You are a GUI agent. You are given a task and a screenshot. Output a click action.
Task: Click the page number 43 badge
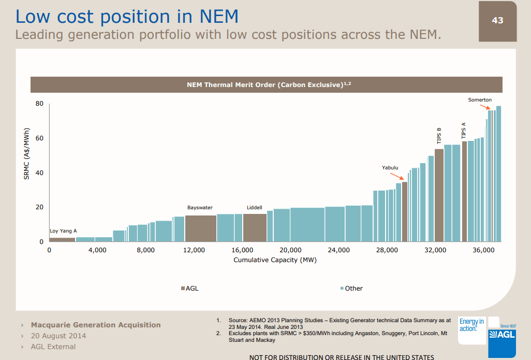(497, 21)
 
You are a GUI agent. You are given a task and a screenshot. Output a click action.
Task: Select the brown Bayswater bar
(200, 228)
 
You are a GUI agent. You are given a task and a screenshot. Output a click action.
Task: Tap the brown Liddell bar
(255, 228)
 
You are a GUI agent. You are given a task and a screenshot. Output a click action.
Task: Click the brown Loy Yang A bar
(62, 239)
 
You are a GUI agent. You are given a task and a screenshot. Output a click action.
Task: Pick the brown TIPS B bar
(439, 195)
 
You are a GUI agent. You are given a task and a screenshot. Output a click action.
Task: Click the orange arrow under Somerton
(489, 107)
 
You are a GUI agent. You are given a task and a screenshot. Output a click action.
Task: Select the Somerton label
(480, 99)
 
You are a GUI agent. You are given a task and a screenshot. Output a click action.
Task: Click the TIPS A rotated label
(464, 129)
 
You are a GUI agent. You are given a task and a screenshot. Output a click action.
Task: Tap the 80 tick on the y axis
(39, 104)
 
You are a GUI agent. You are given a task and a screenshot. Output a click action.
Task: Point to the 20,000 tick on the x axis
(290, 250)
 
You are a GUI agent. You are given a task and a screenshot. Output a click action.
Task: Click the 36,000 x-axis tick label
(483, 250)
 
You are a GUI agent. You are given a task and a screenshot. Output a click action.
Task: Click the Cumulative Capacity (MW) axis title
(275, 260)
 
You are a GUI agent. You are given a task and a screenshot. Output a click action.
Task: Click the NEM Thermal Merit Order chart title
(266, 84)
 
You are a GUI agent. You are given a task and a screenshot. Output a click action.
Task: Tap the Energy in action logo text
(471, 325)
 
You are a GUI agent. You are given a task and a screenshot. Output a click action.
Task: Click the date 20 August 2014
(58, 336)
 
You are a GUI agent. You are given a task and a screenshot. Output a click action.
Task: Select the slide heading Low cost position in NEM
(127, 16)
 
